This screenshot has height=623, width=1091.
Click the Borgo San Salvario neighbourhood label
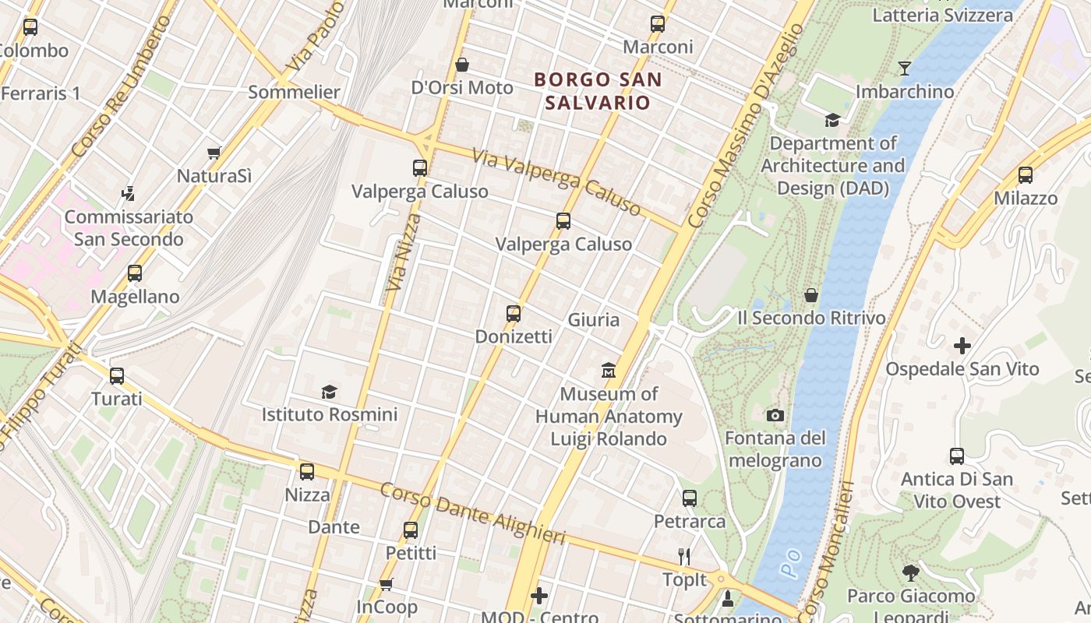(598, 90)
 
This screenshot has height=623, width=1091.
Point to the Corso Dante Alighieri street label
(472, 513)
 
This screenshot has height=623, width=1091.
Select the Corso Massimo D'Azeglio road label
(746, 125)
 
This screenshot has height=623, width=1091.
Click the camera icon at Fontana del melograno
(775, 415)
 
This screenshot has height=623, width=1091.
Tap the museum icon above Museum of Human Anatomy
(609, 369)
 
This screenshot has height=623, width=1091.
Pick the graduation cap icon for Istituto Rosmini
(329, 391)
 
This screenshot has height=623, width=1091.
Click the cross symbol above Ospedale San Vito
(962, 345)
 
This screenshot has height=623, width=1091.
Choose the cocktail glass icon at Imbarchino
(904, 69)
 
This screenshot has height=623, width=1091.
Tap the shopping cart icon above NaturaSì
(214, 153)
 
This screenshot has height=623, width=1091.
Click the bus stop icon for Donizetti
(513, 314)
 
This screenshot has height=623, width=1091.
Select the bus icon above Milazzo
(1025, 175)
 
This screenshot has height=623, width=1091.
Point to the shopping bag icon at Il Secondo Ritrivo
(811, 295)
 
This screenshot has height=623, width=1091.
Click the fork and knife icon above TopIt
(684, 556)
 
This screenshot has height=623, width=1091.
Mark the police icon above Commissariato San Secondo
(129, 193)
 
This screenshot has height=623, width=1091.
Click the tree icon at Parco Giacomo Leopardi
(910, 573)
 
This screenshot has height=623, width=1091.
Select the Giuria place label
(594, 320)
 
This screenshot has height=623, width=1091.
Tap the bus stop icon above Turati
(117, 376)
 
